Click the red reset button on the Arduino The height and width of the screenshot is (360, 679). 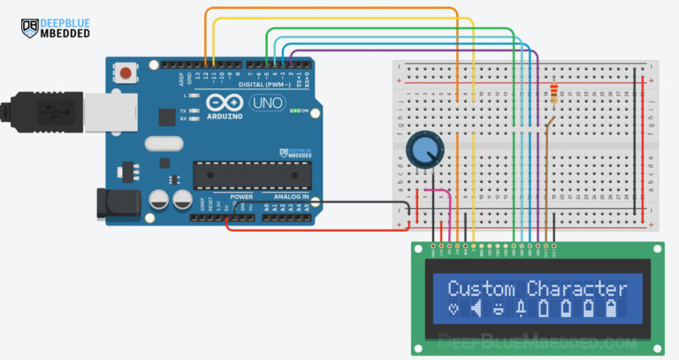[x=129, y=72]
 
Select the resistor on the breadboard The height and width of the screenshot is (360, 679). [x=553, y=93]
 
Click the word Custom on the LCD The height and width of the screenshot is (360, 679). [x=481, y=288]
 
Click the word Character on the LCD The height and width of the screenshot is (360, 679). [x=576, y=288]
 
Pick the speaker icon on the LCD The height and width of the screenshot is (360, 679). [x=477, y=309]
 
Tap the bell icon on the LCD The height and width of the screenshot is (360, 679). [x=521, y=309]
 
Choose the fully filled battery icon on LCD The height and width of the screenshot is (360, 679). [x=610, y=309]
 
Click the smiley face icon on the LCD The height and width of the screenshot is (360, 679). [x=499, y=309]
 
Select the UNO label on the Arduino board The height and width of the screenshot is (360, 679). [x=264, y=103]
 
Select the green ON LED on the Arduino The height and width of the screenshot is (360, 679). [x=294, y=111]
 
